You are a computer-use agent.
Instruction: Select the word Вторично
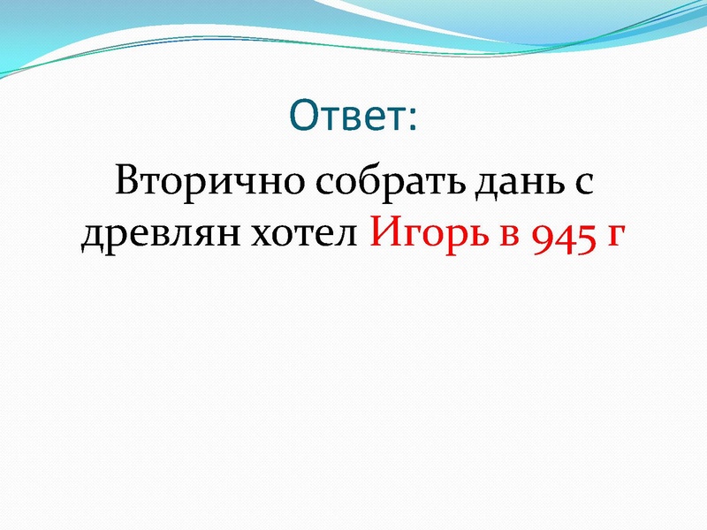tap(208, 183)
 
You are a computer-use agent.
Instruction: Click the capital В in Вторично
tap(129, 181)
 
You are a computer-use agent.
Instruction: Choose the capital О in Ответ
tap(304, 114)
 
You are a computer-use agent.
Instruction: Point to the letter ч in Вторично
tap(241, 186)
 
